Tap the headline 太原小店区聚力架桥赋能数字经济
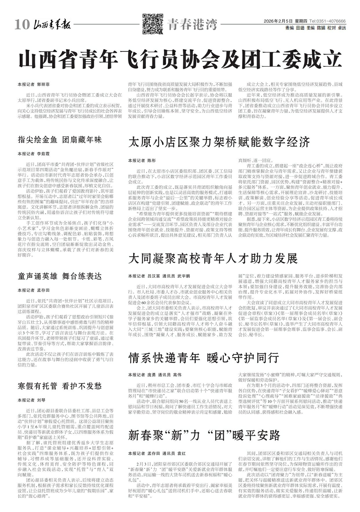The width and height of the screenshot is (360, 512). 219,142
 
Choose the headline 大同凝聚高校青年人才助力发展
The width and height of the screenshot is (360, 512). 213,258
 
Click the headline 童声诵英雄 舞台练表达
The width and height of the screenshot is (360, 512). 60,277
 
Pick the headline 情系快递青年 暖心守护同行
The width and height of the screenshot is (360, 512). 204,358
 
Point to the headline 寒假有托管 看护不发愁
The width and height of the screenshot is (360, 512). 60,386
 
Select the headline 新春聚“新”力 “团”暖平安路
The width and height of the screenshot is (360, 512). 204,435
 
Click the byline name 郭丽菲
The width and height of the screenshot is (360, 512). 43,85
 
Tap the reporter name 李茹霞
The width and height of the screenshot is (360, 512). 43,153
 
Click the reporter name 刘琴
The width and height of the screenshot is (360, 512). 41,400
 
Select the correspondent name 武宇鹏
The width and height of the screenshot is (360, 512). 184,276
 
